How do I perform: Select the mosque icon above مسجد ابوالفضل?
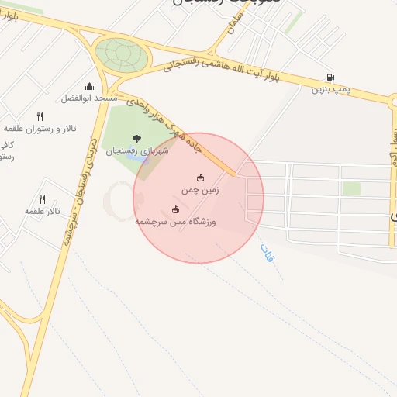tap(89, 87)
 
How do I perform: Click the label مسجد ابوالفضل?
tap(89, 99)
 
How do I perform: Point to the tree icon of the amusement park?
tap(136, 139)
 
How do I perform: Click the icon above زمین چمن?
tap(202, 178)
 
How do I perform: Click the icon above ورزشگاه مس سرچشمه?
tap(175, 209)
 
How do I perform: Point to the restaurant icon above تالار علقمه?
tap(43, 199)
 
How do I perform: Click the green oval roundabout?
tap(121, 54)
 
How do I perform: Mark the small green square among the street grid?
tap(352, 188)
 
